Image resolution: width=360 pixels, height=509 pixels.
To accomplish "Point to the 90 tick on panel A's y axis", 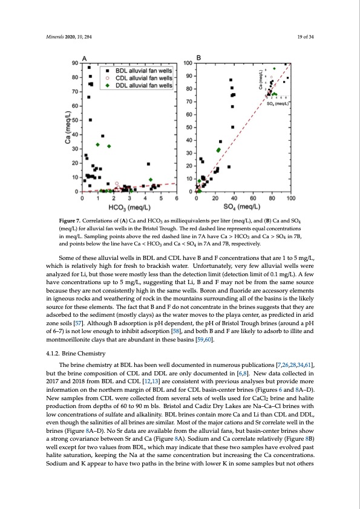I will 74,63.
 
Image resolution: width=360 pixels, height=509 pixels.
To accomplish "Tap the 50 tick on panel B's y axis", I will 189,128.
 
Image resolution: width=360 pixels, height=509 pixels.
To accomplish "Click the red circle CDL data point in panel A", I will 117,183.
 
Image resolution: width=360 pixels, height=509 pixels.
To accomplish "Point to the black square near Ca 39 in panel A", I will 103,136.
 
